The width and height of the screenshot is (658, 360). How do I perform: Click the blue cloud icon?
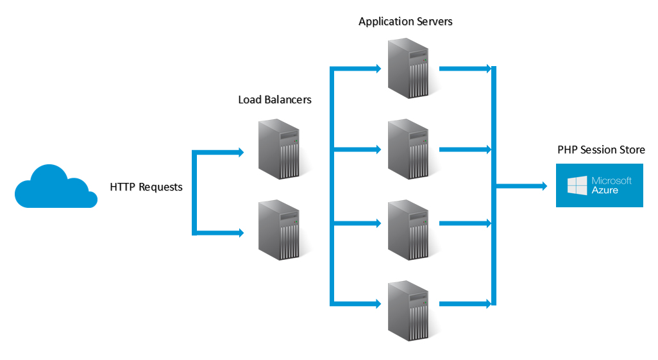coord(55,187)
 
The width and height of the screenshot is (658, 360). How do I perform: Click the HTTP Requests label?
coord(146,187)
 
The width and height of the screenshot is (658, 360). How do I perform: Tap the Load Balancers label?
coord(274,99)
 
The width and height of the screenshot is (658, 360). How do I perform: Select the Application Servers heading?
coord(405,22)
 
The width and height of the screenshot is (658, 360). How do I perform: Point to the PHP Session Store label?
coord(601,150)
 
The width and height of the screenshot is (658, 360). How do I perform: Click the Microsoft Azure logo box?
coord(599,185)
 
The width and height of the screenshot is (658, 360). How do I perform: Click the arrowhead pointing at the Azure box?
coord(544,186)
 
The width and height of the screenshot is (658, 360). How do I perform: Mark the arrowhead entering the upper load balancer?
coord(241,152)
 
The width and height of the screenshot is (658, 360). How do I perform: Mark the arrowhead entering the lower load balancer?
coord(241,232)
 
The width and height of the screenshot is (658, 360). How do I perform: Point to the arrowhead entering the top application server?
coord(378,68)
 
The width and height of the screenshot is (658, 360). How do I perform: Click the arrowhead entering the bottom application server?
coord(378,303)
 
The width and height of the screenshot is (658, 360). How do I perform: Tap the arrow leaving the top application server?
coord(464,68)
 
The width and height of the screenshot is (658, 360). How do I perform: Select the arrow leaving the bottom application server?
coord(464,303)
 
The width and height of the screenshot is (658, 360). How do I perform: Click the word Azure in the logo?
coord(605,191)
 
